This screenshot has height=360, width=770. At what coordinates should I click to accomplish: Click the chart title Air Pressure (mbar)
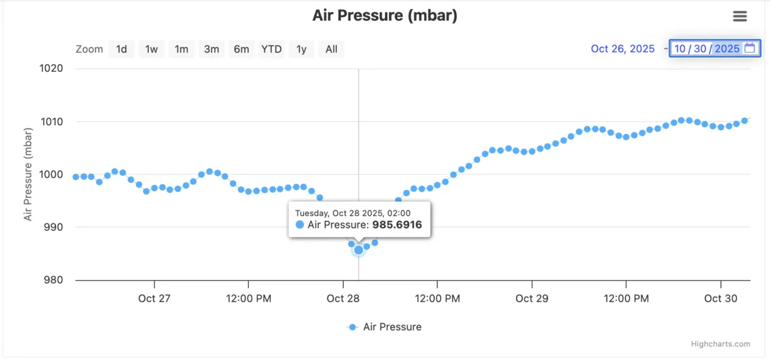pyautogui.click(x=384, y=16)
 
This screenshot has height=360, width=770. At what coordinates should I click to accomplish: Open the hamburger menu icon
pyautogui.click(x=740, y=17)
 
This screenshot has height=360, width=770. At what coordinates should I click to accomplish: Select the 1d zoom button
pyautogui.click(x=121, y=49)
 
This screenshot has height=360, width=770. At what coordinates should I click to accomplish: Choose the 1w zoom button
pyautogui.click(x=151, y=49)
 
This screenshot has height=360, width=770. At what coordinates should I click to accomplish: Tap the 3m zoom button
pyautogui.click(x=212, y=49)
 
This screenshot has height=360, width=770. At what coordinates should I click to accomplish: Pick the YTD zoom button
pyautogui.click(x=271, y=49)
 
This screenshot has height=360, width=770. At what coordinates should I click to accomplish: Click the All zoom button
pyautogui.click(x=331, y=49)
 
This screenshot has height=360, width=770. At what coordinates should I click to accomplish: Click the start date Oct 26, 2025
pyautogui.click(x=622, y=49)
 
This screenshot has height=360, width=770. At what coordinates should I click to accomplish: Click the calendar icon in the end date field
pyautogui.click(x=749, y=48)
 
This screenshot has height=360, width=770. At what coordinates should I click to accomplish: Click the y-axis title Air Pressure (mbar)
pyautogui.click(x=28, y=174)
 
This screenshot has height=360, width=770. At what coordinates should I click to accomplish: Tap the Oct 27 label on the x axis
pyautogui.click(x=155, y=298)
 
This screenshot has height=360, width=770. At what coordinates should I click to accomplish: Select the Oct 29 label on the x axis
pyautogui.click(x=532, y=298)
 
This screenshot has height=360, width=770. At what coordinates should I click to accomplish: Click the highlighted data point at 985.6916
pyautogui.click(x=358, y=250)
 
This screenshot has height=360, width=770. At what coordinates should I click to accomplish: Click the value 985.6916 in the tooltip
pyautogui.click(x=397, y=225)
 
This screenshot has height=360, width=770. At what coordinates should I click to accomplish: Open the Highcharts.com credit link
pyautogui.click(x=720, y=344)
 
